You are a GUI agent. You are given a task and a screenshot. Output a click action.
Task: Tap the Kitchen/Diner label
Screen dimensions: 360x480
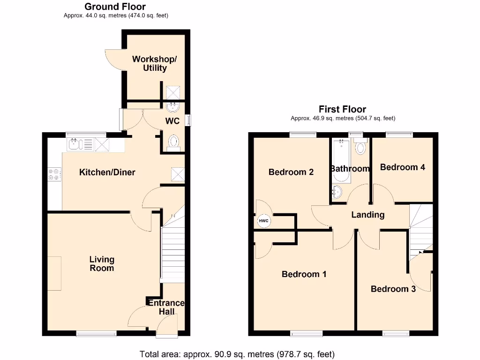pos(107,172)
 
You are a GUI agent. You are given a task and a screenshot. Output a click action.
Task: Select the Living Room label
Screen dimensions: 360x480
pos(102,263)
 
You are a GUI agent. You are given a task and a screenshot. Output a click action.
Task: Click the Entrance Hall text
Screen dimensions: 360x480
pos(166,307)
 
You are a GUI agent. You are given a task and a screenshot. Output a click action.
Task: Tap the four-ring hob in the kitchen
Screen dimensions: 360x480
pos(54,174)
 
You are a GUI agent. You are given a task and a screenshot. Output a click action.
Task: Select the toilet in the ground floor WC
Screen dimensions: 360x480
pos(173,141)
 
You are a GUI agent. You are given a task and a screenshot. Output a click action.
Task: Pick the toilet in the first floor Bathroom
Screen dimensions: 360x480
pos(360,148)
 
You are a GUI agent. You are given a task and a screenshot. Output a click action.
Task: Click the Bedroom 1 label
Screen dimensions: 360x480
pos(304,274)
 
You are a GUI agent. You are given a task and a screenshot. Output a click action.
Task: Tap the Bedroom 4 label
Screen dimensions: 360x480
pos(402,167)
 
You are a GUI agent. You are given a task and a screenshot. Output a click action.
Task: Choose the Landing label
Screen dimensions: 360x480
pos(368,215)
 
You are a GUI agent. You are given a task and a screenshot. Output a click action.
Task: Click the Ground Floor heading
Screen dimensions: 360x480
pos(115,7)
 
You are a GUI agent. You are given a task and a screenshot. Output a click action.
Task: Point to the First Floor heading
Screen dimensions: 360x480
pos(342,109)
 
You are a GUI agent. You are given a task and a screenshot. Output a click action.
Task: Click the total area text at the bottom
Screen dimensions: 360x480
pos(237,354)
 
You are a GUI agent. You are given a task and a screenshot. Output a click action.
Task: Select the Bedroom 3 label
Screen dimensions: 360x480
pos(393,289)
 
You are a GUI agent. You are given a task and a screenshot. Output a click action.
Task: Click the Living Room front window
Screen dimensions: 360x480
pos(96,334)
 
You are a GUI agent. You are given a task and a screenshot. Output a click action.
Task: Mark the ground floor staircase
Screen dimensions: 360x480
pos(172,253)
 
